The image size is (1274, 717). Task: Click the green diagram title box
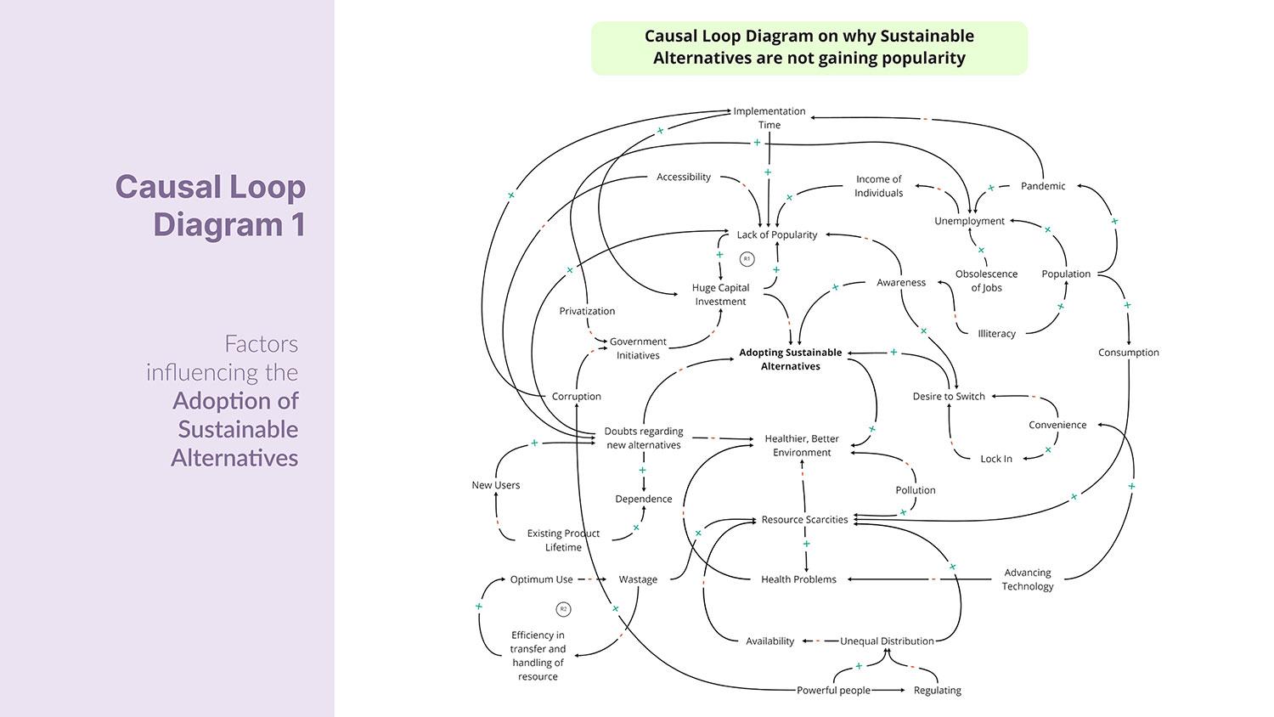pos(809,48)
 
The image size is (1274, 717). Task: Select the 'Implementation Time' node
pos(769,117)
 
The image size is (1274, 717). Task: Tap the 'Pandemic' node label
pos(1042,186)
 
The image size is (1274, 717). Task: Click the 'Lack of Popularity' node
pos(776,234)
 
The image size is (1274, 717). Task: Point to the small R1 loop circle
pos(747,258)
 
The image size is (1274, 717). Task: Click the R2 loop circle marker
pos(563,609)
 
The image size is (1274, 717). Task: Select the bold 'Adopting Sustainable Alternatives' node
pos(790,359)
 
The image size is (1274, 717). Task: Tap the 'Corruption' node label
pos(576,396)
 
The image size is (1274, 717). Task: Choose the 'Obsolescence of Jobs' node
pos(986,280)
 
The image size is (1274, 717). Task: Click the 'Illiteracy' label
pos(996,334)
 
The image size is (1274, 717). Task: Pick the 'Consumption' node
pos(1128,353)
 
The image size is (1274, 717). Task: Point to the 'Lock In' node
pos(995,459)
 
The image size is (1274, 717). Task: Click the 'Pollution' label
pos(915,490)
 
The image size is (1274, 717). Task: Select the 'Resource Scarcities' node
pos(804,520)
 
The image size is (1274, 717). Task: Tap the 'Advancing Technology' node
pos(1027,579)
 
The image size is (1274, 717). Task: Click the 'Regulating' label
pos(937,691)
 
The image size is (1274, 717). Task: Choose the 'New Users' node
pos(495,485)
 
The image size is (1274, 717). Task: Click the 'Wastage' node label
pos(638,579)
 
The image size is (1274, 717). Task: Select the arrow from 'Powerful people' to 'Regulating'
pos(890,691)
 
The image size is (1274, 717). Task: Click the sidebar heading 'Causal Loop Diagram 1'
pos(210,206)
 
